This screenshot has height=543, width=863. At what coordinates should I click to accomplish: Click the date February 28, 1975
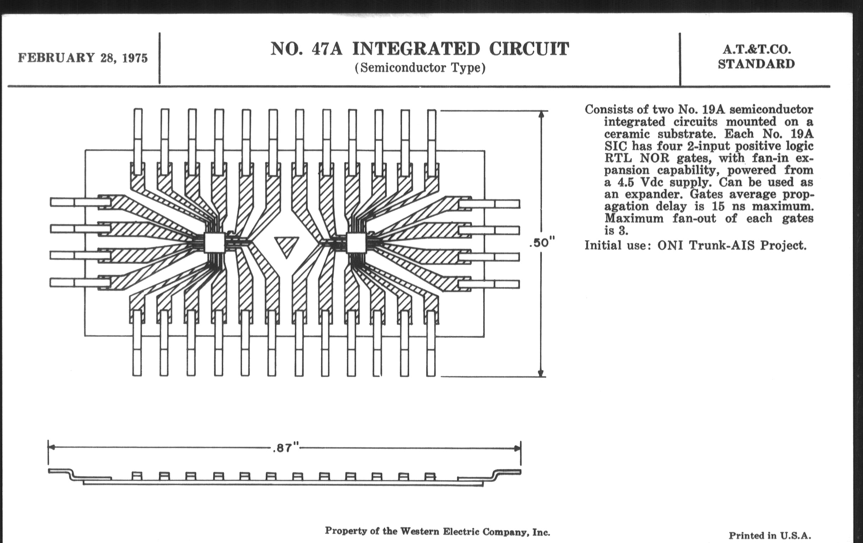(x=83, y=58)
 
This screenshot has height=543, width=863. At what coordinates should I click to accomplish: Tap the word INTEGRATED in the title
(x=416, y=49)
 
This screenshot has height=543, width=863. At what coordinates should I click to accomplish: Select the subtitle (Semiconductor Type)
(x=420, y=68)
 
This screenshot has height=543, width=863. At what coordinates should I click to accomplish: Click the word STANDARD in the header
(x=756, y=65)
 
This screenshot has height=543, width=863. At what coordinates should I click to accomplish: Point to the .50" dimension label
(x=542, y=243)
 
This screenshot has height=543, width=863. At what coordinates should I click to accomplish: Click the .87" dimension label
(x=285, y=448)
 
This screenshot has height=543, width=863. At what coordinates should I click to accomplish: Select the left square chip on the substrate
(x=214, y=243)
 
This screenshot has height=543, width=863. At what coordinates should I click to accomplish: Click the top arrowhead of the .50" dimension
(x=542, y=114)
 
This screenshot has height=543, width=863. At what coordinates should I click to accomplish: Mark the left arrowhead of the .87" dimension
(x=51, y=448)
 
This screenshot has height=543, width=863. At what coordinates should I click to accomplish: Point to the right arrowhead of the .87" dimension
(x=517, y=448)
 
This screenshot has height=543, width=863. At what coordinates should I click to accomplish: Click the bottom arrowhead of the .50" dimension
(x=542, y=373)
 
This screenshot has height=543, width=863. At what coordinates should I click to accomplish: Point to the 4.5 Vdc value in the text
(x=635, y=182)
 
